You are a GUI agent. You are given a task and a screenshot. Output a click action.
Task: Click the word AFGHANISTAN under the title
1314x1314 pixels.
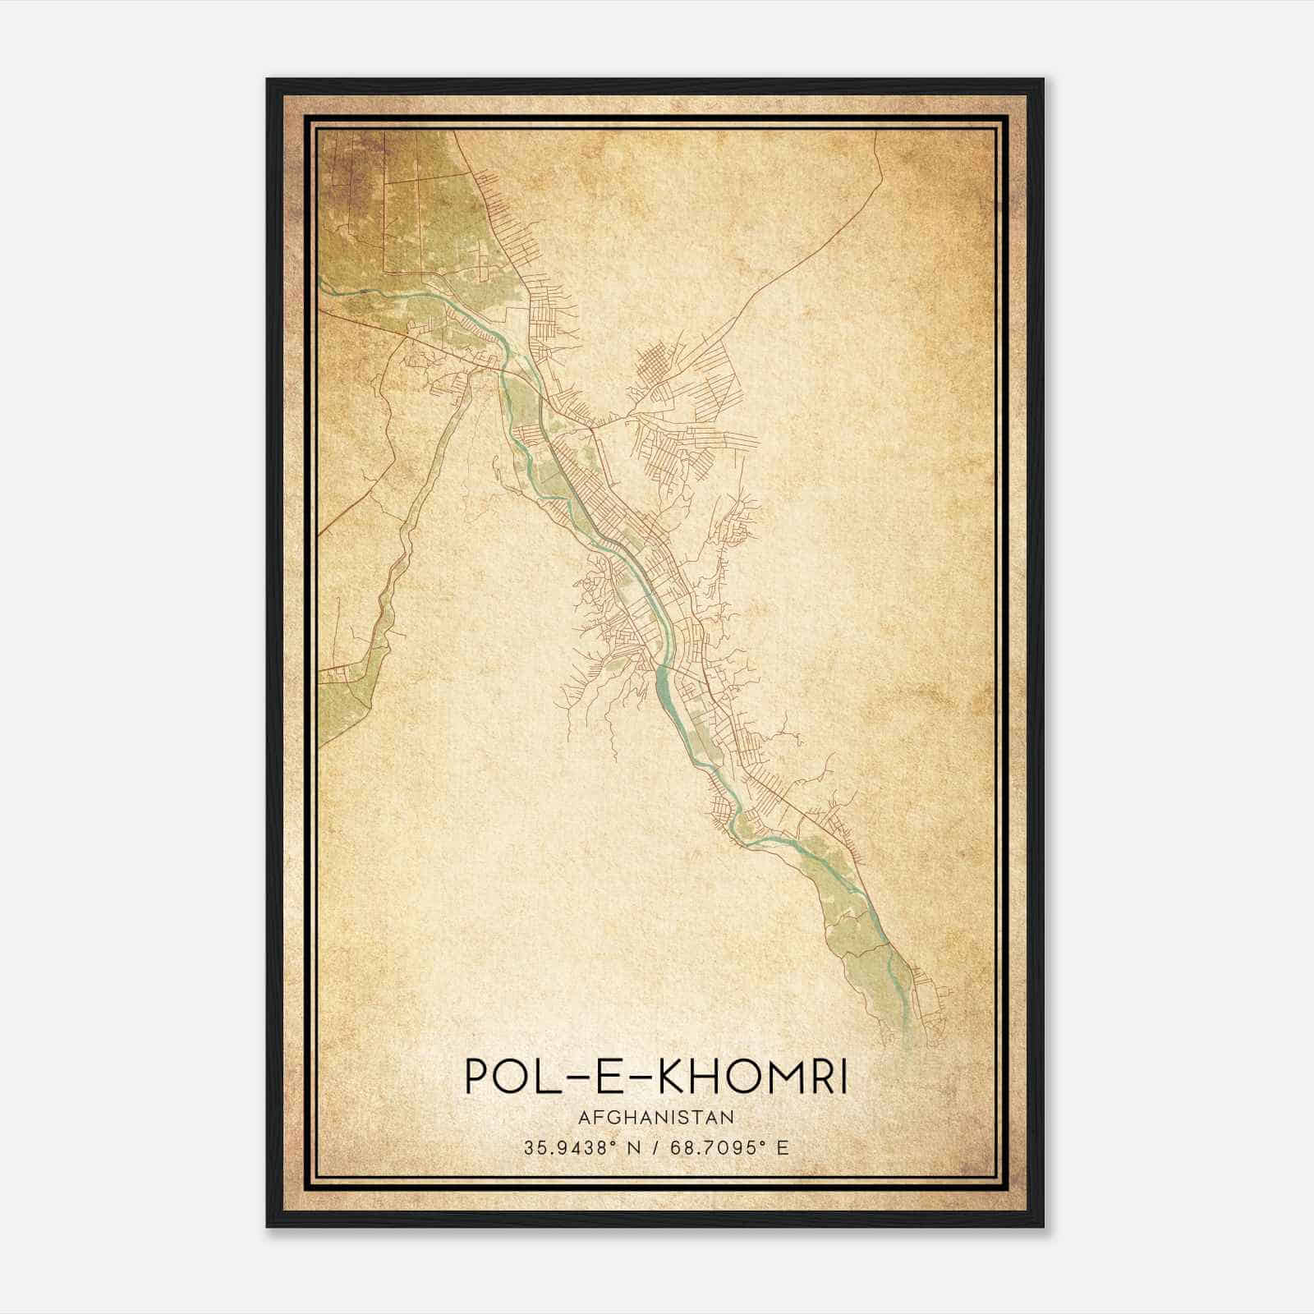click(655, 1117)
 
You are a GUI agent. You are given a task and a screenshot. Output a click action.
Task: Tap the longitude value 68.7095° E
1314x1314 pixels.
click(728, 1147)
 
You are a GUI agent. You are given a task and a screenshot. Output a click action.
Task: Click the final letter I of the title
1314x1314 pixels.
click(841, 1077)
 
